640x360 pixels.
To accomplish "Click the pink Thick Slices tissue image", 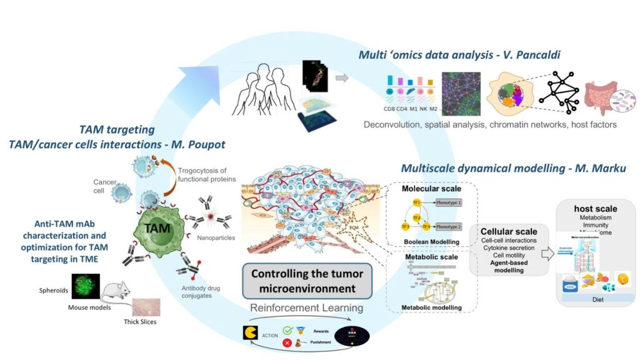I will (x=146, y=307).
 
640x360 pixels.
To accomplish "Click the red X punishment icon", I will (x=287, y=342).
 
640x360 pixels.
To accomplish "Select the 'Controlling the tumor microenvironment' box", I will (x=307, y=281).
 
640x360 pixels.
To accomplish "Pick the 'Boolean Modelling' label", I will (x=432, y=241).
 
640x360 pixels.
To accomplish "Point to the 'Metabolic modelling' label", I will (x=432, y=307).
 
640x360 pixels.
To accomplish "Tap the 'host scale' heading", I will (x=596, y=209).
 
